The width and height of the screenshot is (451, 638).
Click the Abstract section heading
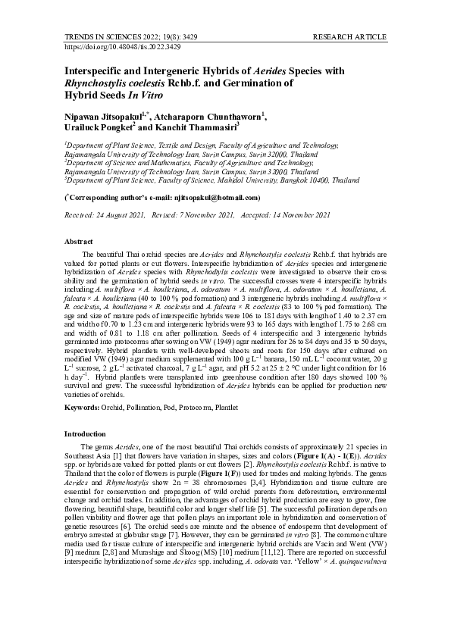pyautogui.click(x=79, y=240)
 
